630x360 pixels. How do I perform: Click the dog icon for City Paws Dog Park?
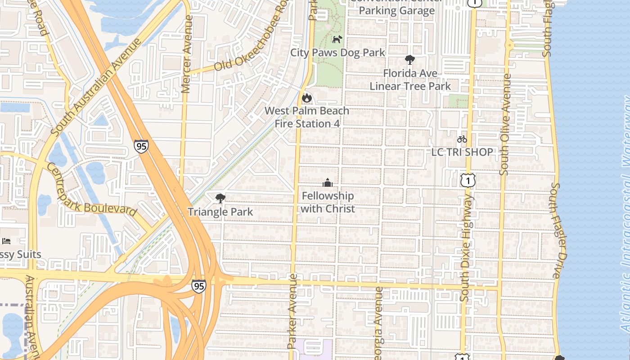coord(337,39)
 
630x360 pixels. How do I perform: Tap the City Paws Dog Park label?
coord(337,53)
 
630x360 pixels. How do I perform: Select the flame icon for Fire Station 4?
coord(307,98)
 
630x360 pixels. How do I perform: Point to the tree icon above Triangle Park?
coord(220,198)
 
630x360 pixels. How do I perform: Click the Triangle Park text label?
coord(220,211)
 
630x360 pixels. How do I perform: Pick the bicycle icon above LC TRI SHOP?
coord(462,139)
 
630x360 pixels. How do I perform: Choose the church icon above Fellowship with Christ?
coord(328,183)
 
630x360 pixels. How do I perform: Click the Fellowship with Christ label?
coord(328,202)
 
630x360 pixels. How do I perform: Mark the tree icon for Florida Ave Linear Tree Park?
coord(409,59)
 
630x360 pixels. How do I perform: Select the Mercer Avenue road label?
coord(187,54)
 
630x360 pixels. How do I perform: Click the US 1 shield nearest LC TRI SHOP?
coord(468,180)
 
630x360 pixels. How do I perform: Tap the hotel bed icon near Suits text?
coord(6,241)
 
